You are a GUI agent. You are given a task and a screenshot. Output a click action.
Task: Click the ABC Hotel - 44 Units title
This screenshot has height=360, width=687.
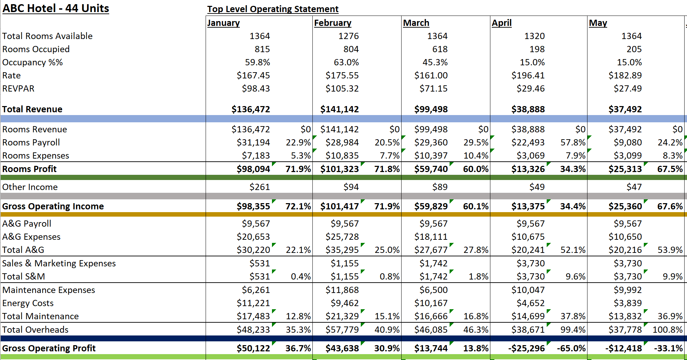tap(56, 8)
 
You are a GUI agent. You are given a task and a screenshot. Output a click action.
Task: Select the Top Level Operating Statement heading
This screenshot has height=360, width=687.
tap(273, 9)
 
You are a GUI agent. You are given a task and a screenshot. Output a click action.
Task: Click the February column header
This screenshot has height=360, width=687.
tap(332, 23)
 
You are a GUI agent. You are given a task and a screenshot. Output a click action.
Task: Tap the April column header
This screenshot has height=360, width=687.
tap(501, 23)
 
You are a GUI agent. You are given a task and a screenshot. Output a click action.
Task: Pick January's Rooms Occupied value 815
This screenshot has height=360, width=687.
tap(262, 49)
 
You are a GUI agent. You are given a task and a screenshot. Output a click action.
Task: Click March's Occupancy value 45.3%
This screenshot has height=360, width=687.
tap(435, 62)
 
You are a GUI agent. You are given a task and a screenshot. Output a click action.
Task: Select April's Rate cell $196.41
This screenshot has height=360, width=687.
tap(528, 75)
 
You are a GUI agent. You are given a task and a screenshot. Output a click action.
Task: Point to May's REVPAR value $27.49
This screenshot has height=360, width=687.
tap(627, 88)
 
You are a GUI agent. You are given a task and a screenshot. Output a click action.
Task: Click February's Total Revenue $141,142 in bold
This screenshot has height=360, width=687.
tap(339, 109)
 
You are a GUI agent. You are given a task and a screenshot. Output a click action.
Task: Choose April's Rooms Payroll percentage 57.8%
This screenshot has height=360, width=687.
tap(573, 142)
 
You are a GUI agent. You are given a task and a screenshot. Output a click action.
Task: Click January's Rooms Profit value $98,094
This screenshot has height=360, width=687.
tap(253, 169)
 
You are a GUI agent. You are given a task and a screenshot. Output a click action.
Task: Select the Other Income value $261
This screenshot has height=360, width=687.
tap(260, 187)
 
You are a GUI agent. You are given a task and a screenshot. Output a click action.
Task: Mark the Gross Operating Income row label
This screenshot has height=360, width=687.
tap(53, 206)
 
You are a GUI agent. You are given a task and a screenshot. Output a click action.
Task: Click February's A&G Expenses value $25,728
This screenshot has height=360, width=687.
tap(342, 237)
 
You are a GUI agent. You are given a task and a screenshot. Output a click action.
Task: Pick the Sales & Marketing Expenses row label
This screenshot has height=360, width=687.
tap(59, 263)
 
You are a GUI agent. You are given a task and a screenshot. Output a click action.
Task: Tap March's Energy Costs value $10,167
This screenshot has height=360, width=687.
tap(431, 303)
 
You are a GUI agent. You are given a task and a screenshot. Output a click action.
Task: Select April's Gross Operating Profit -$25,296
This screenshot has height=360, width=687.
tap(526, 348)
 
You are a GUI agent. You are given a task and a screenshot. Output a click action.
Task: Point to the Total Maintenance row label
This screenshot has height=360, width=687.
tap(40, 316)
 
